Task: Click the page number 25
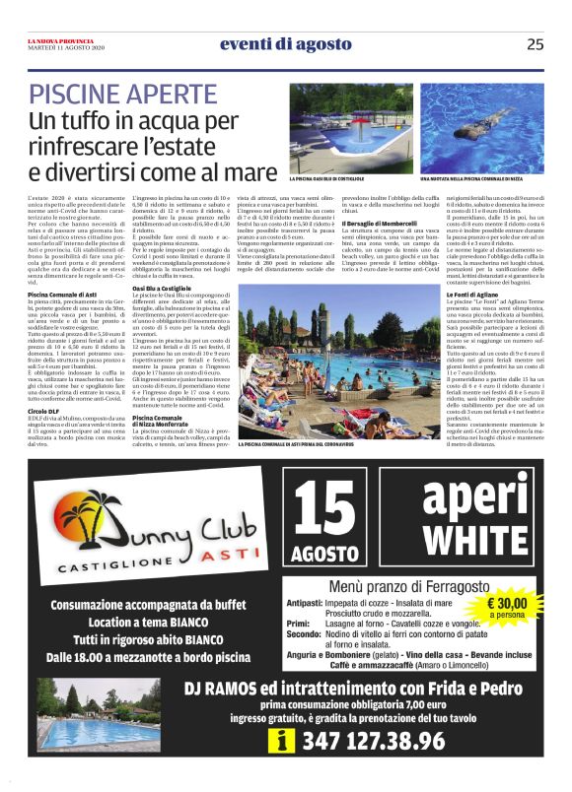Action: click(x=535, y=43)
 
